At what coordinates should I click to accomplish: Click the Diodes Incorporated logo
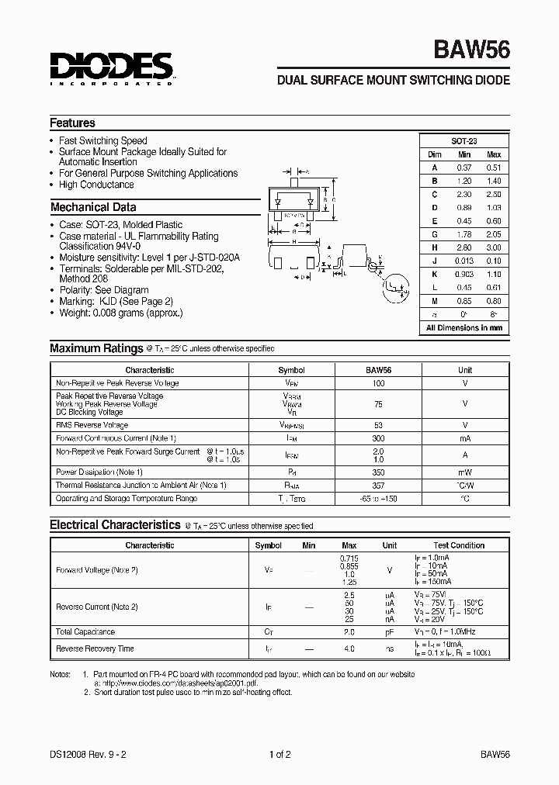pos(111,67)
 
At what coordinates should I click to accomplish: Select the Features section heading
pos(72,123)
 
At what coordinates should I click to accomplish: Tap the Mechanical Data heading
pos(93,207)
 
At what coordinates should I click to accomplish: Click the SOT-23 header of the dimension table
pos(464,141)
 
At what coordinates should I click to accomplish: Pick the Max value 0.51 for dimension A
pos(494,168)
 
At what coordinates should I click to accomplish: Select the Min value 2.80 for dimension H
pos(464,247)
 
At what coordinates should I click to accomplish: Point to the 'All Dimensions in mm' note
pos(464,328)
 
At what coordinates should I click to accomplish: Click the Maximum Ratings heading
pos(96,348)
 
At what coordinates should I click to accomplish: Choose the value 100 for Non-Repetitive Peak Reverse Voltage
pos(379,383)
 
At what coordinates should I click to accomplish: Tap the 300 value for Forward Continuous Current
pos(379,438)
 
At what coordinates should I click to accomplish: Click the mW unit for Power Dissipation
pos(464,472)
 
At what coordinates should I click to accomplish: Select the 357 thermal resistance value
pos(379,485)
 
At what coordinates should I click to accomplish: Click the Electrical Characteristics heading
pos(115,525)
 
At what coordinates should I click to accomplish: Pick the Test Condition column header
pos(459,545)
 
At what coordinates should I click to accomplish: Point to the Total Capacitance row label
pos(85,631)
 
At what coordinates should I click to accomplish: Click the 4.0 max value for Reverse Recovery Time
pos(349,648)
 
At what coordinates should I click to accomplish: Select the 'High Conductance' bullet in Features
pos(96,185)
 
